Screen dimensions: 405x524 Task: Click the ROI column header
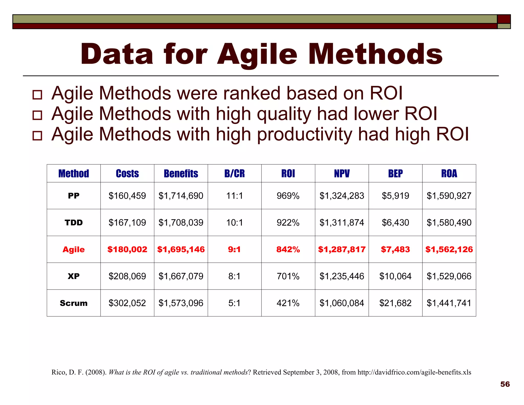pyautogui.click(x=288, y=174)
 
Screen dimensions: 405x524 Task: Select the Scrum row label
pyautogui.click(x=74, y=303)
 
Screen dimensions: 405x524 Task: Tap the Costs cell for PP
pyautogui.click(x=127, y=196)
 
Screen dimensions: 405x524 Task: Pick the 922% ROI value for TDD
pyautogui.click(x=288, y=223)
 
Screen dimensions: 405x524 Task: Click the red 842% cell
pyautogui.click(x=288, y=249)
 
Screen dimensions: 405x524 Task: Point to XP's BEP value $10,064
pyautogui.click(x=395, y=276)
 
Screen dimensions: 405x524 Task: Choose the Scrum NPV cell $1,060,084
pyautogui.click(x=342, y=303)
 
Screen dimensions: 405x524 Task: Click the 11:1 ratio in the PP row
pyautogui.click(x=234, y=196)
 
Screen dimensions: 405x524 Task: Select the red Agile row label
pyautogui.click(x=74, y=249)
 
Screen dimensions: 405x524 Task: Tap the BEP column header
pyautogui.click(x=395, y=174)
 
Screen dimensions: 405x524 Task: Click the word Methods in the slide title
pyautogui.click(x=375, y=54)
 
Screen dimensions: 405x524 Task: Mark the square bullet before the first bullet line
pyautogui.click(x=37, y=95)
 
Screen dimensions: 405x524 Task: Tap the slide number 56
pyautogui.click(x=505, y=384)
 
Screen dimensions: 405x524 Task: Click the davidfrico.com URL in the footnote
pyautogui.click(x=414, y=372)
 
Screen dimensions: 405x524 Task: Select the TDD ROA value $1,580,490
pyautogui.click(x=449, y=223)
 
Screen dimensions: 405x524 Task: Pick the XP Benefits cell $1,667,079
pyautogui.click(x=181, y=276)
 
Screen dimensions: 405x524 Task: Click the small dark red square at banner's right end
pyautogui.click(x=504, y=19)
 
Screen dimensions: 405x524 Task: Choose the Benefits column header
pyautogui.click(x=181, y=174)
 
